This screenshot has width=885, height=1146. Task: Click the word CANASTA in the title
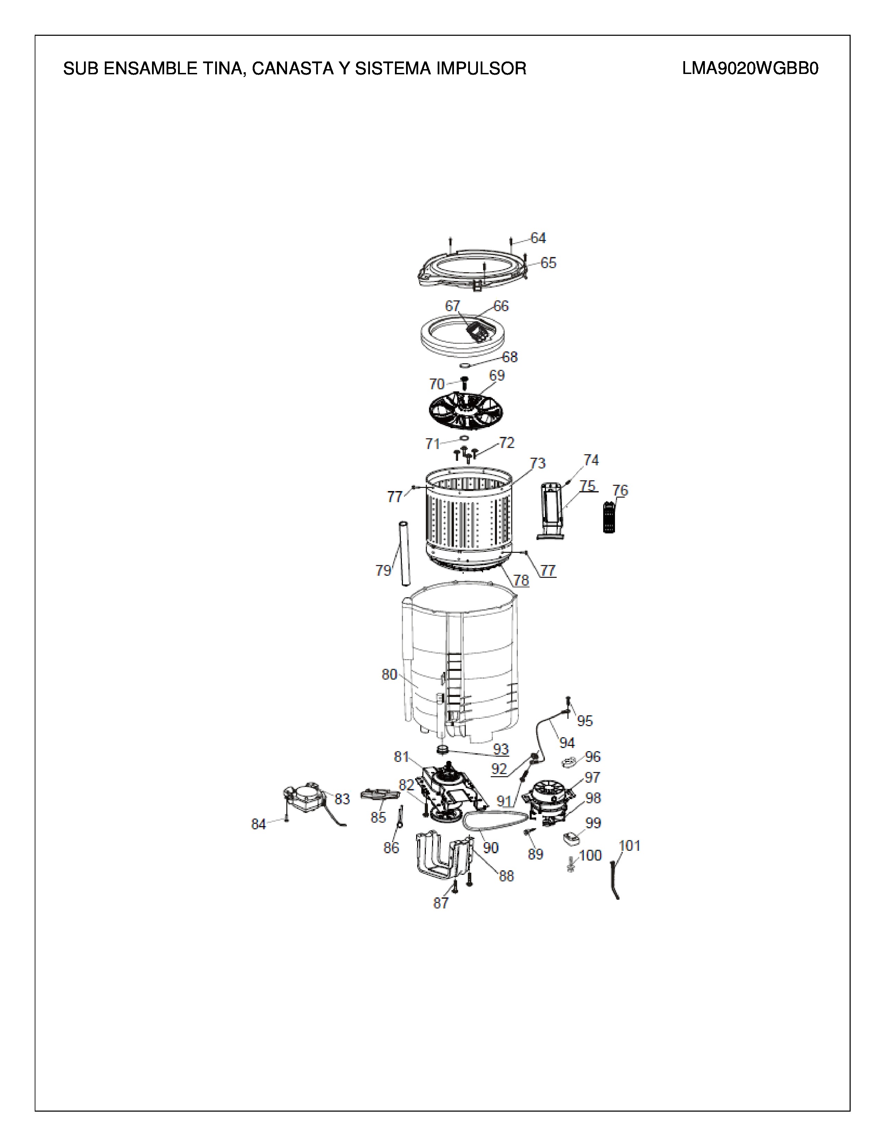pyautogui.click(x=291, y=69)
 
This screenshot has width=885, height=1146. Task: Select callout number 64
pyautogui.click(x=538, y=238)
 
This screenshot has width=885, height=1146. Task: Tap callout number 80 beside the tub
pyautogui.click(x=389, y=675)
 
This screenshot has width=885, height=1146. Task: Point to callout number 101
pyautogui.click(x=630, y=846)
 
